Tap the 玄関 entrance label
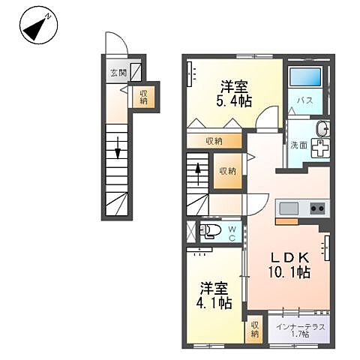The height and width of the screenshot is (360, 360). [117, 73]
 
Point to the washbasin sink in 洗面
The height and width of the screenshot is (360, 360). [322, 128]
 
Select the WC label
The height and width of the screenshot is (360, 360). [232, 232]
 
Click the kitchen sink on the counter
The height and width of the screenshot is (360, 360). [289, 208]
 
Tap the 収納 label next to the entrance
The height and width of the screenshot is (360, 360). [142, 96]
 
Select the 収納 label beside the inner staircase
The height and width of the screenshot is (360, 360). [227, 170]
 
